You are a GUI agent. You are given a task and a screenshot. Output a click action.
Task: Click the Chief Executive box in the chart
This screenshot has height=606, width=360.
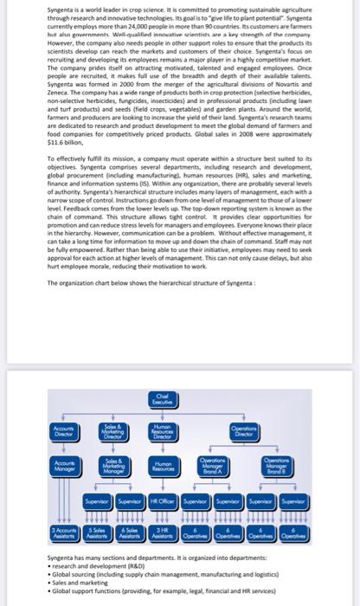pyautogui.click(x=178, y=399)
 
